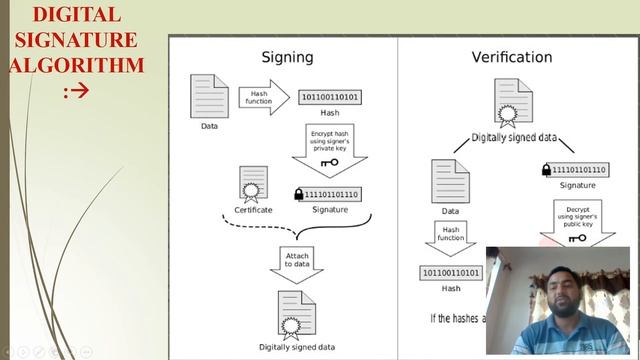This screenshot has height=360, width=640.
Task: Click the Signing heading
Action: coord(287,57)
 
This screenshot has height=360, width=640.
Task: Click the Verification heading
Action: coord(512,57)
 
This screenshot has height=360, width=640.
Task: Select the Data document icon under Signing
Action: coord(209,96)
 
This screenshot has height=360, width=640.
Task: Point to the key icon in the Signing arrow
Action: coord(329,162)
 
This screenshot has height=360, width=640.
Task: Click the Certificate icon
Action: coord(252,184)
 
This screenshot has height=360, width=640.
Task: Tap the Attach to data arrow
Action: coord(297,262)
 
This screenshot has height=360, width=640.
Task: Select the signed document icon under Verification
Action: coord(513,103)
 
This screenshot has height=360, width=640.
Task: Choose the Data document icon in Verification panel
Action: coord(450,181)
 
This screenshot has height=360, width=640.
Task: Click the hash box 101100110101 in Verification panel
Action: coord(450,272)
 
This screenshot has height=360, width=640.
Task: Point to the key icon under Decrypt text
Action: coord(577,238)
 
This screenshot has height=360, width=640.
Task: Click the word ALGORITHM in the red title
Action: coord(76,66)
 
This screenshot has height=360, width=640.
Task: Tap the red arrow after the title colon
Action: coord(81,92)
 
